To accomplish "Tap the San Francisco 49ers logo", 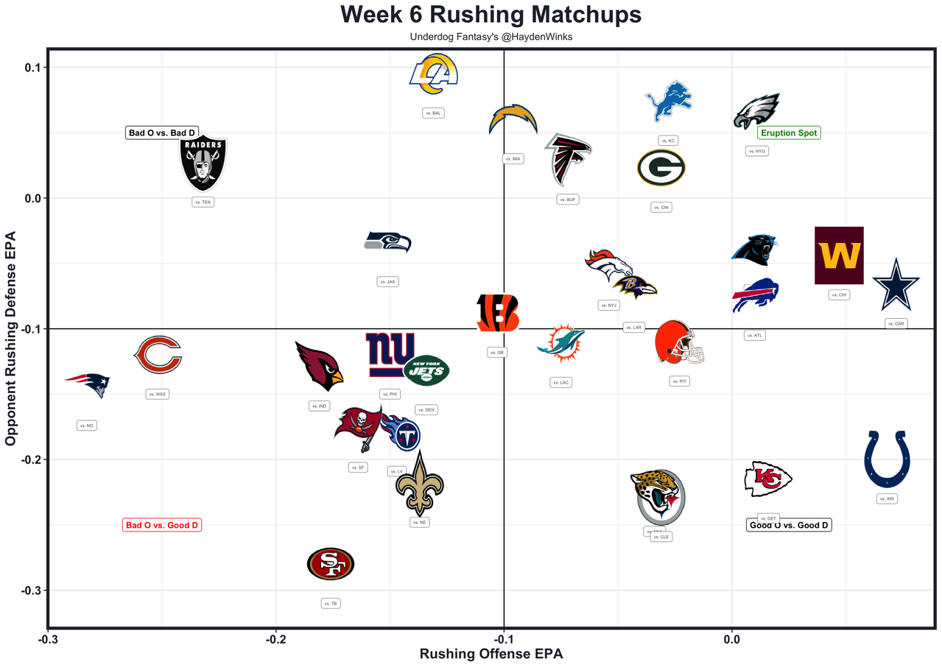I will (331, 565).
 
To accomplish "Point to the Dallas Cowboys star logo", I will (896, 285).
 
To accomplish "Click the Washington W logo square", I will (839, 255).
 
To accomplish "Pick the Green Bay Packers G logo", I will (661, 168).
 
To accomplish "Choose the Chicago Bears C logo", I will (158, 355).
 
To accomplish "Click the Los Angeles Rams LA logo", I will (434, 74).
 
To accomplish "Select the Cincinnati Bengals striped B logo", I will (498, 312).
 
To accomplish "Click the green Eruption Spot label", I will (788, 133).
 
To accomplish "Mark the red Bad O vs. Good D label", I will (162, 525).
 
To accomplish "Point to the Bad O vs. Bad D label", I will (162, 133).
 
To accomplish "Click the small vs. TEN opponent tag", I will (203, 202).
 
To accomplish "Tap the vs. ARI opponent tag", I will (887, 498).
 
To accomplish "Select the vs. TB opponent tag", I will (331, 604).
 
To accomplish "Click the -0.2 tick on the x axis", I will (276, 639).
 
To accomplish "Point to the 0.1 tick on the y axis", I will (31, 68).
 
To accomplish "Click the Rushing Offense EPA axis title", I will (491, 654).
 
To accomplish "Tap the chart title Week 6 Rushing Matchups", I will (491, 15).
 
